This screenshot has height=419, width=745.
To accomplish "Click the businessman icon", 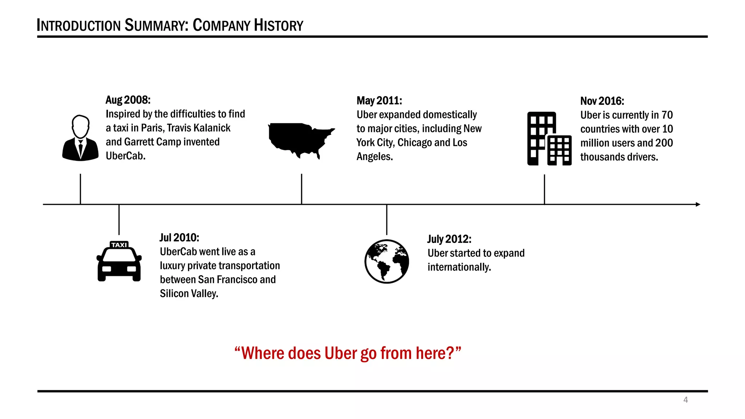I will pos(80,138).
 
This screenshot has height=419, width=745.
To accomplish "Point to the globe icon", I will pos(387,261).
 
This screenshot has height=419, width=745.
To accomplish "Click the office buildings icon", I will pos(549,139).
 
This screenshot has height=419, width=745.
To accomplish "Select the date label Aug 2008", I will pos(128,100).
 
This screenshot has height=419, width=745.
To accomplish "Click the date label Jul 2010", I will pos(179,238).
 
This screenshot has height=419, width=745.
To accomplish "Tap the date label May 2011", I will pos(379,101).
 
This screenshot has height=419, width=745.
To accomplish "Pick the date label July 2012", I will pos(449,239).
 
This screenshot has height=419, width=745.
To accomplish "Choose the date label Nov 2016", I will pos(602,101).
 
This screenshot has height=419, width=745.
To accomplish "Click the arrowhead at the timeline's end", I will pos(698,204).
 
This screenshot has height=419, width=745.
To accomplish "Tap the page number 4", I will pos(686,400).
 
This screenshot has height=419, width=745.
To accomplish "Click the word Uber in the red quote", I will pos(340,353).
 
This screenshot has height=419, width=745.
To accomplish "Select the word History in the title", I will pos(278,25).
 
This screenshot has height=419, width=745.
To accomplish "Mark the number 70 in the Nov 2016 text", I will pos(667,115).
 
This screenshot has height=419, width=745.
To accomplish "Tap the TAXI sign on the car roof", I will pos(119,245).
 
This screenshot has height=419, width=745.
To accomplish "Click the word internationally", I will pos(459,267).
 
